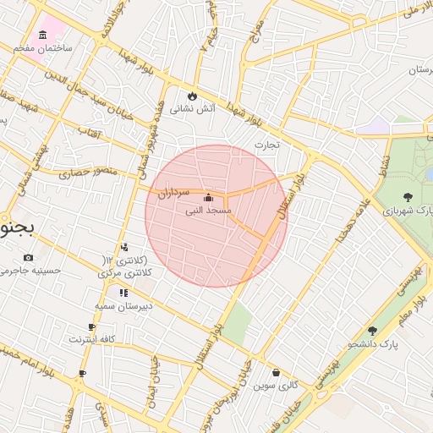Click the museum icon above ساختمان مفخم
42,35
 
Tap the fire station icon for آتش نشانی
193,95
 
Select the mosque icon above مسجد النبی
209,196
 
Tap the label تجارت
267,145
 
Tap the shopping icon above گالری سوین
276,372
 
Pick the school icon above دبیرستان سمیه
123,293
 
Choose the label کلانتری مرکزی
123,267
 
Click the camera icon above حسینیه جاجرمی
29,257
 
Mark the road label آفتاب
90,131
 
